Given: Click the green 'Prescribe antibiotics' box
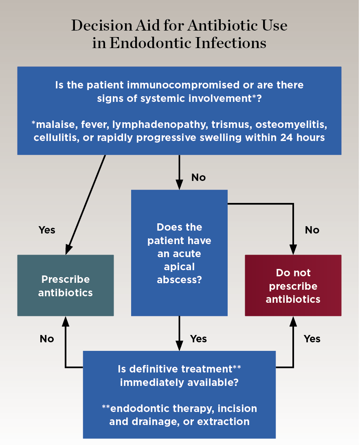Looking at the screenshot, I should pyautogui.click(x=65, y=285).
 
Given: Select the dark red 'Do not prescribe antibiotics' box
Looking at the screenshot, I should pyautogui.click(x=293, y=285).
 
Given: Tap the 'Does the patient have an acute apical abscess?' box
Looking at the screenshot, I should pyautogui.click(x=179, y=253).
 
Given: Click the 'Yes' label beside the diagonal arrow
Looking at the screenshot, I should pyautogui.click(x=47, y=230).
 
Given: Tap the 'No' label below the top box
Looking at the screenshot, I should pyautogui.click(x=198, y=178).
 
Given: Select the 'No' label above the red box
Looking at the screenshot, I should pyautogui.click(x=312, y=230).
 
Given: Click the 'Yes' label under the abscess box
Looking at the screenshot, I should pyautogui.click(x=198, y=339).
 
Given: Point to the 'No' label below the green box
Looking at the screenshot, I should pyautogui.click(x=47, y=339).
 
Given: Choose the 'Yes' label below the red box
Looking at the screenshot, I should pyautogui.click(x=312, y=339).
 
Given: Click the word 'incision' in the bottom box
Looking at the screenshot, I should pyautogui.click(x=238, y=408).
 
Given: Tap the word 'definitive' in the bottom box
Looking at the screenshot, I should pyautogui.click(x=150, y=369).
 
